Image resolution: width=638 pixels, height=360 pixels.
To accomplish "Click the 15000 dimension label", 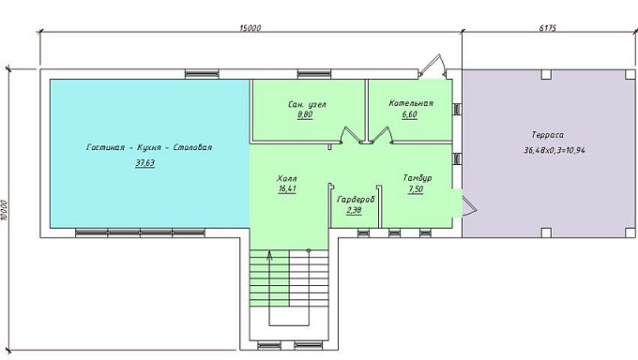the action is [x=251, y=28].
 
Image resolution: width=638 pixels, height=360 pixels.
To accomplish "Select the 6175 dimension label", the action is [x=548, y=28].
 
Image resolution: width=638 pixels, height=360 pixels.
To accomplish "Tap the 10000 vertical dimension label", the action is [x=4, y=210].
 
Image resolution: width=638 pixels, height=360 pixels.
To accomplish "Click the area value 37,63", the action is [x=145, y=163].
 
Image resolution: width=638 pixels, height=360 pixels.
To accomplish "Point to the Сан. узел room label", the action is [x=307, y=105].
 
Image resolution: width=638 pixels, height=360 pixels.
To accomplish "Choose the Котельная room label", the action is [x=411, y=103].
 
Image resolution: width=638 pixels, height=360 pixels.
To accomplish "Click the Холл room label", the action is [x=287, y=178].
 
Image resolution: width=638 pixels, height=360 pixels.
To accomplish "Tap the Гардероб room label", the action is [x=356, y=200].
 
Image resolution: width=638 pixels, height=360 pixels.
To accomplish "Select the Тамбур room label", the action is [x=418, y=178].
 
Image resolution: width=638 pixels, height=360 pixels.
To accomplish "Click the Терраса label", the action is [x=548, y=135].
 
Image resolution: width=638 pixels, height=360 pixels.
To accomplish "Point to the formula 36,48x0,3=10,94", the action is [x=554, y=150].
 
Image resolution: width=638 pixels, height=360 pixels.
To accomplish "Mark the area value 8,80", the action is [x=305, y=114].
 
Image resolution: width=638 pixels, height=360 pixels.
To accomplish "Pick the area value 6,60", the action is [x=409, y=114].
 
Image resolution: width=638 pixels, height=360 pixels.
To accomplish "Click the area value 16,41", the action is [x=287, y=188].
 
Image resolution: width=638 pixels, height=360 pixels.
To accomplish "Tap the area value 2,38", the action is [x=354, y=210].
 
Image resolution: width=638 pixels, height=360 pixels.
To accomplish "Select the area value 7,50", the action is [x=416, y=189].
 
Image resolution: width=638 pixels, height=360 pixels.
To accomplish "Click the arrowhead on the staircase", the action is [x=269, y=255].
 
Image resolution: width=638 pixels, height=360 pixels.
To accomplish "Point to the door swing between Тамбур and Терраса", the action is [x=470, y=206].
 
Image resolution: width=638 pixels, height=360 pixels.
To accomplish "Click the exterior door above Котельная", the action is [x=433, y=65].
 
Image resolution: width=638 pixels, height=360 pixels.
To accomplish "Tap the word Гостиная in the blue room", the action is [x=105, y=147].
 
